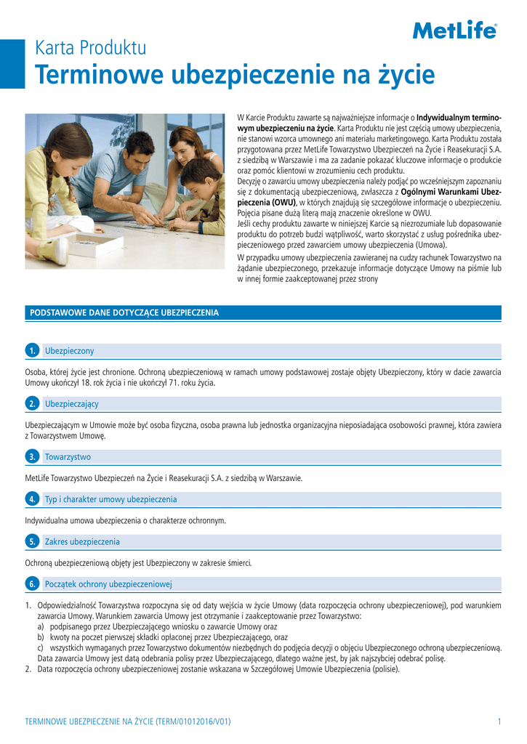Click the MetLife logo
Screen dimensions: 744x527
[455, 30]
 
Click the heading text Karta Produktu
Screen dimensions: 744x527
[91, 49]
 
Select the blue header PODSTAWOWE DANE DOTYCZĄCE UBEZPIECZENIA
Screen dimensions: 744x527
[124, 312]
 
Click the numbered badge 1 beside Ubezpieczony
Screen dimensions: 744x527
[32, 352]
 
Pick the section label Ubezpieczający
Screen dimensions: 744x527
[72, 403]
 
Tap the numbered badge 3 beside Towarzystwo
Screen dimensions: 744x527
[32, 457]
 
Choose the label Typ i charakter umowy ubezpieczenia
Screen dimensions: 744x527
[110, 499]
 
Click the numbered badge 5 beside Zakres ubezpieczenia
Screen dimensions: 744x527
[32, 542]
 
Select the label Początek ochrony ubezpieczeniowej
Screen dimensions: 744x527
[108, 584]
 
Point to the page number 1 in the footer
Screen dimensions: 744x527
[499, 721]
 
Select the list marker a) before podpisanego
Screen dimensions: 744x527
[41, 626]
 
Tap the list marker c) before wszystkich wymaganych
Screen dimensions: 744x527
[41, 647]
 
